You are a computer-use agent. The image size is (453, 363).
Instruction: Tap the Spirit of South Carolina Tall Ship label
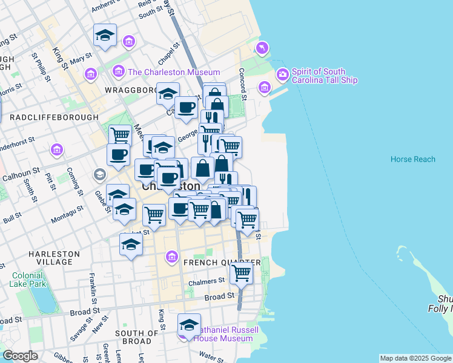tap(324, 76)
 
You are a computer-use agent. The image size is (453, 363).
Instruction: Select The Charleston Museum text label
tap(173, 72)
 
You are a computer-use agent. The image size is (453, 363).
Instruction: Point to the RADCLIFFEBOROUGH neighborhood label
tap(54, 117)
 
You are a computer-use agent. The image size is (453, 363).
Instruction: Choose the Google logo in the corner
tap(20, 356)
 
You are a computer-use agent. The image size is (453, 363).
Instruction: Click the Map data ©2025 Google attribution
tap(415, 358)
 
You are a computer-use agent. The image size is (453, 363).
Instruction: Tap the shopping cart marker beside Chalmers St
tap(242, 273)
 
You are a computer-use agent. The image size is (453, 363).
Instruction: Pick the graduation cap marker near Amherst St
tap(105, 35)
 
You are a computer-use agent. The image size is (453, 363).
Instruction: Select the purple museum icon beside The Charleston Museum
tap(118, 71)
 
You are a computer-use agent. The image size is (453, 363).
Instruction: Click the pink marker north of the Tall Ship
tap(262, 48)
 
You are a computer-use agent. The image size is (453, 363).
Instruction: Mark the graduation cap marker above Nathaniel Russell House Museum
tap(189, 324)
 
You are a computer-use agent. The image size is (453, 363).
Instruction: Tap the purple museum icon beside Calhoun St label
tap(56, 149)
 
